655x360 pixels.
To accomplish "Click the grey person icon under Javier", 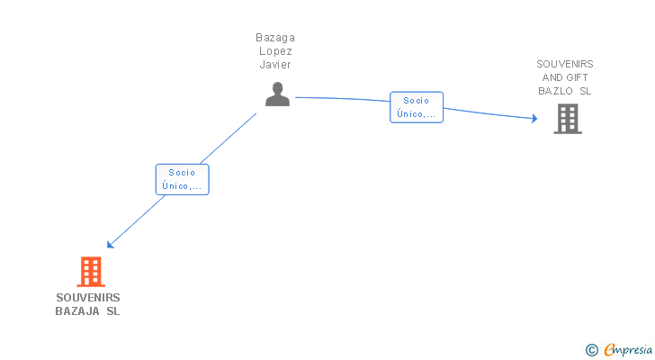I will click(277, 94).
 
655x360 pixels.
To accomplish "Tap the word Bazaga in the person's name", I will click(275, 38).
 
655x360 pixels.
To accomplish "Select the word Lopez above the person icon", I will click(275, 51).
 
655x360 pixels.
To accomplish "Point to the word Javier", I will click(275, 65).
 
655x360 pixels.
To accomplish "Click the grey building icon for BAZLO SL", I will click(567, 119).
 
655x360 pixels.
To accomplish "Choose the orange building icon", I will click(90, 271).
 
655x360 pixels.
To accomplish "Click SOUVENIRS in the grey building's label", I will click(565, 64).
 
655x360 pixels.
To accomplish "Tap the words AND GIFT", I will click(565, 77).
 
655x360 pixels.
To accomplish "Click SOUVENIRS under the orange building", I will click(88, 298).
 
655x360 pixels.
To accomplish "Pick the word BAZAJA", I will click(77, 311).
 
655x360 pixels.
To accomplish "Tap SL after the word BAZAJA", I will click(112, 311).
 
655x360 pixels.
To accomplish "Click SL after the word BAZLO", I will click(585, 91).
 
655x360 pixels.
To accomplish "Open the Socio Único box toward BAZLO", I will click(417, 107).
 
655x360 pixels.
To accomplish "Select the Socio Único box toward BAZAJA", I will click(182, 179).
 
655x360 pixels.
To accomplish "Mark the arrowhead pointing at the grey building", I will click(534, 118).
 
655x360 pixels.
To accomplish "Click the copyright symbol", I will click(591, 350).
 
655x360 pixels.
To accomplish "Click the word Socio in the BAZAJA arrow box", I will click(182, 173).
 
